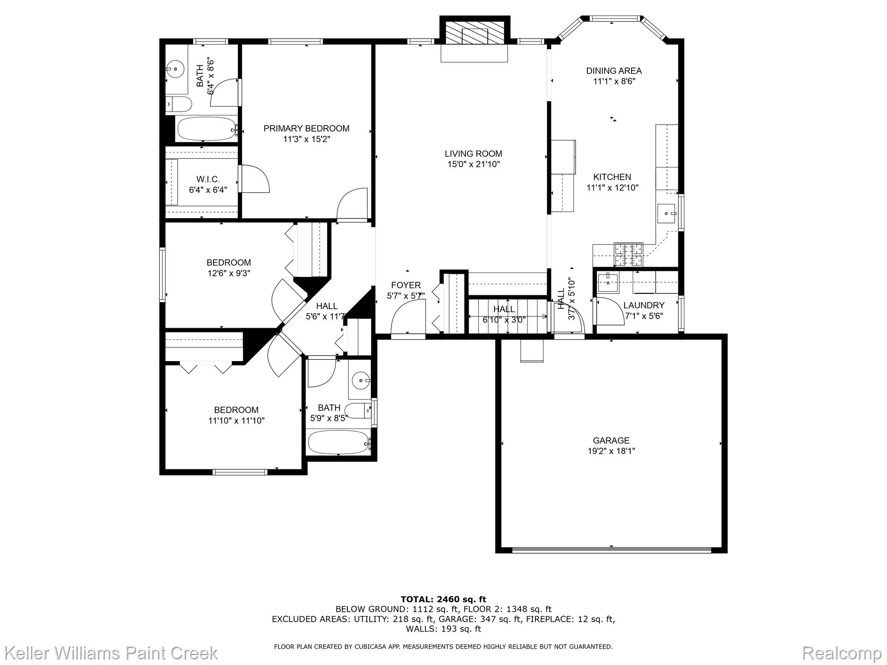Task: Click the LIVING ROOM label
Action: click(473, 154)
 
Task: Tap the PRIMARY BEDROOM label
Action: click(306, 129)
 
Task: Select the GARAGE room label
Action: click(611, 441)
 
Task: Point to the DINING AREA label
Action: click(614, 71)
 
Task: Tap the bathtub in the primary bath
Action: click(207, 129)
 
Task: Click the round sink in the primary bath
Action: click(175, 68)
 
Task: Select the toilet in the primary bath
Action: click(179, 104)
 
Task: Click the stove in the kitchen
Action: click(628, 255)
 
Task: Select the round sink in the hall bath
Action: click(360, 381)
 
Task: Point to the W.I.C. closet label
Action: click(208, 179)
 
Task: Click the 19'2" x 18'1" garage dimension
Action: click(611, 451)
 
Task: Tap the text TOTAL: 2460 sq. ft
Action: click(443, 600)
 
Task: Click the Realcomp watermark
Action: click(842, 653)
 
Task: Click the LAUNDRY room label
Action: click(644, 306)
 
